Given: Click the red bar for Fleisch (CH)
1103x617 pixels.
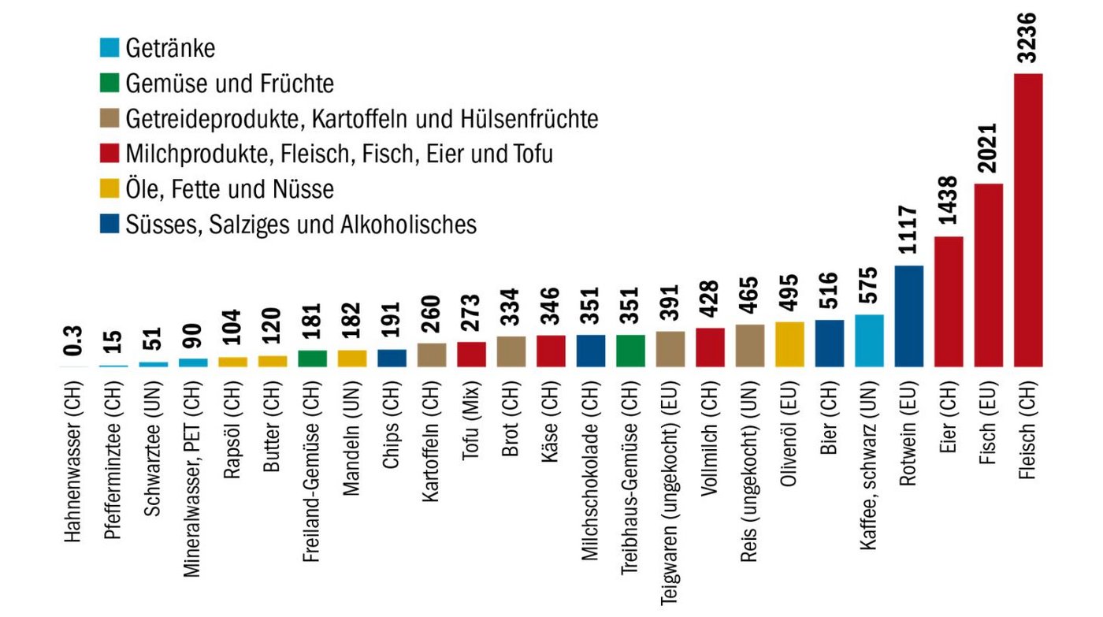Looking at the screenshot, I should coord(1028,221).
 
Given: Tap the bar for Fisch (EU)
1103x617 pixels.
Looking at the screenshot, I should coord(989,276).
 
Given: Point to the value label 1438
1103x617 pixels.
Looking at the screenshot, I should coord(949,202).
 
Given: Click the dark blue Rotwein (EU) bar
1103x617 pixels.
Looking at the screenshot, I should coord(909,316).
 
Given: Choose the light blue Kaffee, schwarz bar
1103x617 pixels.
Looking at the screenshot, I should coord(869,340).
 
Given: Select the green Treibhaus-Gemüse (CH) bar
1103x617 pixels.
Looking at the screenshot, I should coord(630,351).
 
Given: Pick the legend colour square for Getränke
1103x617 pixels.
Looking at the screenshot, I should coord(110,48).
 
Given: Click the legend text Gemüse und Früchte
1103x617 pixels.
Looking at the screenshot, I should coord(229,84).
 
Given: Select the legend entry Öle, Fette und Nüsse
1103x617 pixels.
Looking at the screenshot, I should coord(229,189).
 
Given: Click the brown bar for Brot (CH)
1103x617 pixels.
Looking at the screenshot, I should coord(511,351).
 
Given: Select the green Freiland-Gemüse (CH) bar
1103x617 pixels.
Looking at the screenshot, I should coord(312,359).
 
